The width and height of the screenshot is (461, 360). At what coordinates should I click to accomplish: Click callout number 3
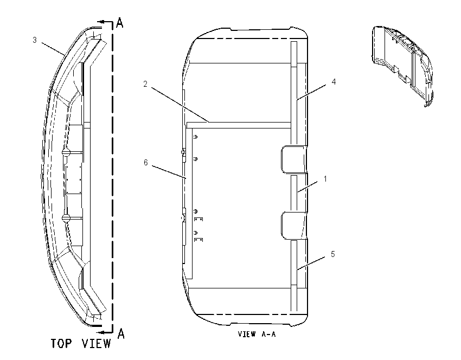click(35, 40)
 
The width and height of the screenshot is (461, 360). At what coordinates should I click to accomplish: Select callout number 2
click(145, 84)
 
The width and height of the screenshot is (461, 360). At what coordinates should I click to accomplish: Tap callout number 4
click(334, 82)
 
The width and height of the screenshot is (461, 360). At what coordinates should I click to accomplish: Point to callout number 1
click(325, 179)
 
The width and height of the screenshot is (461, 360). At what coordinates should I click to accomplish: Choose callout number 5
click(333, 254)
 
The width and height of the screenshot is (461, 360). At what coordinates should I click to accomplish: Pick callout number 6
click(145, 163)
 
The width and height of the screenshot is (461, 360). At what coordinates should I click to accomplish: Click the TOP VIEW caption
click(81, 343)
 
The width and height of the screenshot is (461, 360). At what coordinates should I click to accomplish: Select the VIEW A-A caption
click(257, 334)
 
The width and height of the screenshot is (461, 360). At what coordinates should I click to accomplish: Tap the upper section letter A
click(120, 23)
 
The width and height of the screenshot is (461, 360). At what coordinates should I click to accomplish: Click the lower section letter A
click(121, 333)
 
